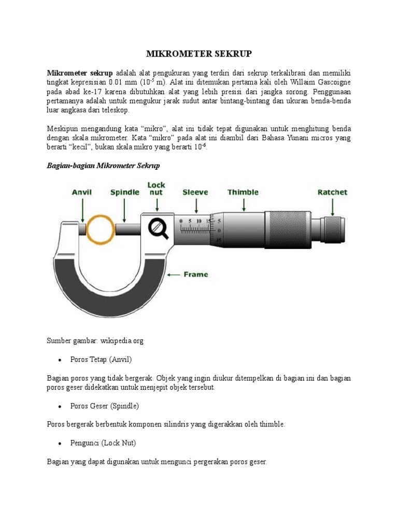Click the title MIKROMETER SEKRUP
tap(199, 54)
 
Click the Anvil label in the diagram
tap(82, 192)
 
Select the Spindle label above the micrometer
tap(124, 192)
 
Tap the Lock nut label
tap(157, 188)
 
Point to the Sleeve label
tap(195, 192)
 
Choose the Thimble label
tap(243, 192)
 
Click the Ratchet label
tap(332, 192)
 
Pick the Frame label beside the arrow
tap(196, 274)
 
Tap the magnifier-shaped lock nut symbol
tap(159, 228)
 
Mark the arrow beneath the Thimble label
tap(243, 205)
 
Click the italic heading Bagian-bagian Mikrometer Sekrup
tap(104, 166)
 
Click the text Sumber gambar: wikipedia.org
tap(95, 341)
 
